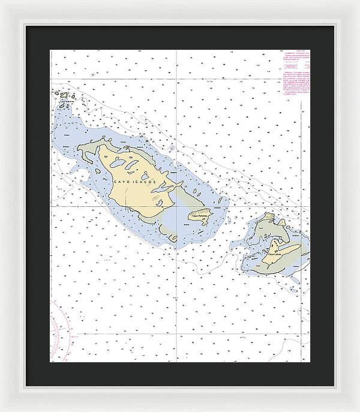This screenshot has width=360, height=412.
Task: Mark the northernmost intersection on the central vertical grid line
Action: pyautogui.click(x=176, y=79)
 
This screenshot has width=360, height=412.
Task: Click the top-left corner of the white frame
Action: pyautogui.click(x=2, y=2)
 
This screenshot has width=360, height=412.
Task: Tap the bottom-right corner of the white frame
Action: pyautogui.click(x=358, y=410)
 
